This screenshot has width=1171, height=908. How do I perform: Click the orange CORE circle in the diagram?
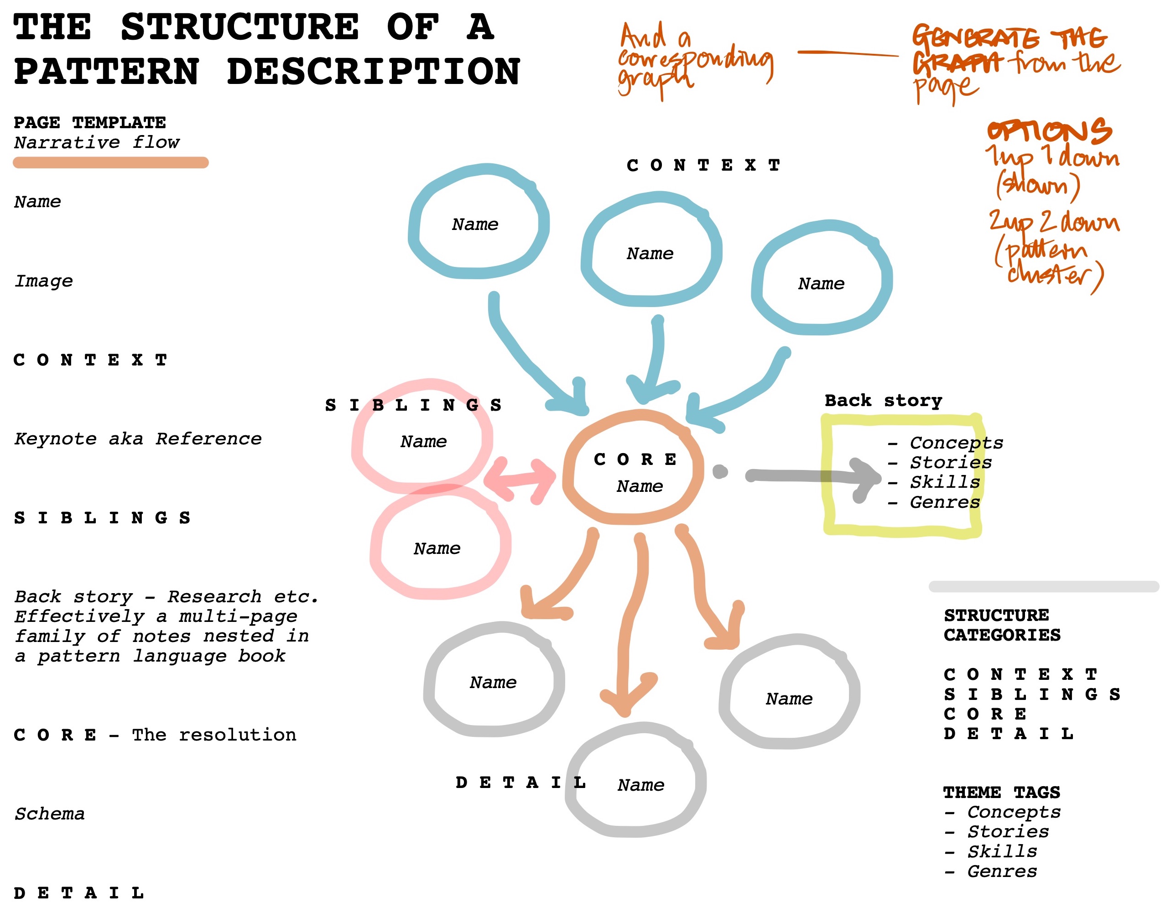pyautogui.click(x=633, y=467)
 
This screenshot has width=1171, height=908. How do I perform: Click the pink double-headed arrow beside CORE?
pyautogui.click(x=519, y=479)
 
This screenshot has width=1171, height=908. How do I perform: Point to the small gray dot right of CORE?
pyautogui.click(x=720, y=471)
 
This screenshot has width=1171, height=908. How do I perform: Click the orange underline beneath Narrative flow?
pyautogui.click(x=110, y=162)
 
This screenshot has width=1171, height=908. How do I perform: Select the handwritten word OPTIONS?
pyautogui.click(x=1049, y=131)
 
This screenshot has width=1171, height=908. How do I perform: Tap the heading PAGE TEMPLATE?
pyautogui.click(x=89, y=123)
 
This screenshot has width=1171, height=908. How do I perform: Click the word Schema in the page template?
pyautogui.click(x=49, y=814)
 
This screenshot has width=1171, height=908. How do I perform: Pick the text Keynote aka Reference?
pyautogui.click(x=138, y=439)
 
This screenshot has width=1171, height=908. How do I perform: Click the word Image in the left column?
pyautogui.click(x=43, y=281)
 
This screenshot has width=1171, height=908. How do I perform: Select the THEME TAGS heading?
pyautogui.click(x=1002, y=792)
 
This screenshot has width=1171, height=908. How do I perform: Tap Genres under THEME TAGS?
pyautogui.click(x=1002, y=871)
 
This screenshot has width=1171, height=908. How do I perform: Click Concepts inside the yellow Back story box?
pyautogui.click(x=956, y=443)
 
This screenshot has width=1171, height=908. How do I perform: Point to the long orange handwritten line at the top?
pyautogui.click(x=848, y=53)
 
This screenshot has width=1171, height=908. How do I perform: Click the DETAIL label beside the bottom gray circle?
pyautogui.click(x=520, y=783)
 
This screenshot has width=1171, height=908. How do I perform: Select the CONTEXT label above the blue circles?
pyautogui.click(x=703, y=165)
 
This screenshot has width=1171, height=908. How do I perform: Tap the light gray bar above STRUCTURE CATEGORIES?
pyautogui.click(x=1043, y=586)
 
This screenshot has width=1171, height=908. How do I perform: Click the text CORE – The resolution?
pyautogui.click(x=155, y=735)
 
